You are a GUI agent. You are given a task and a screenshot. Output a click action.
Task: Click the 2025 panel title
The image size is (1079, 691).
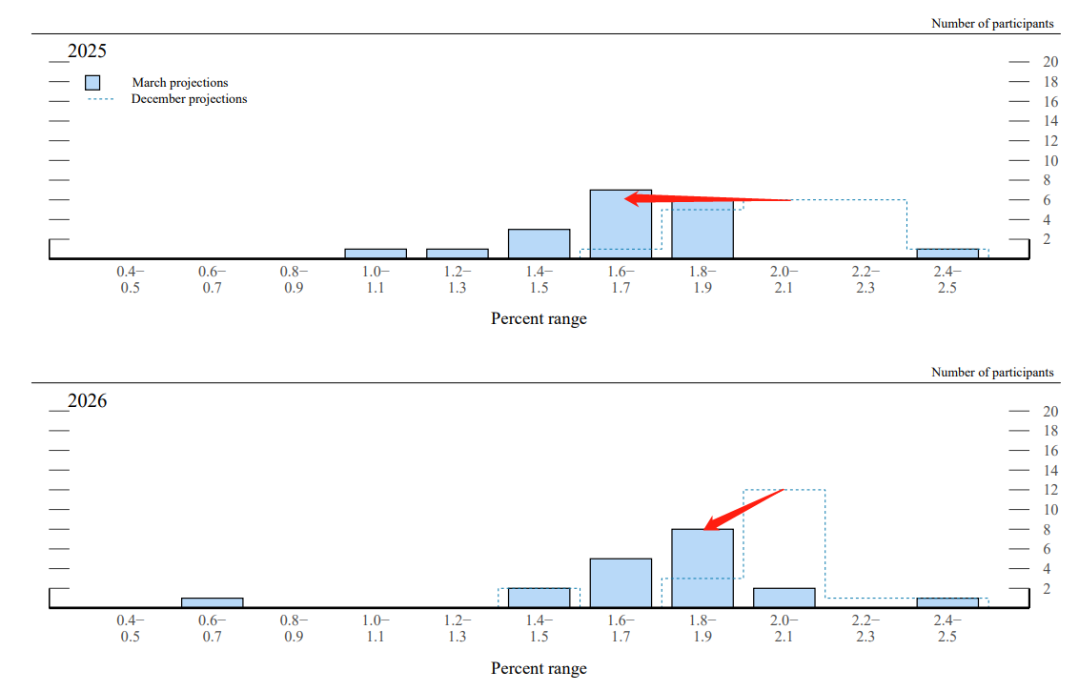tap(87, 51)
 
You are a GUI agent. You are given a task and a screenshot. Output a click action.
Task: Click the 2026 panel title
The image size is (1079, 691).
tap(87, 400)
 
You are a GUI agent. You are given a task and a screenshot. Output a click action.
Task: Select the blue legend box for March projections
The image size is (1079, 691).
tap(92, 83)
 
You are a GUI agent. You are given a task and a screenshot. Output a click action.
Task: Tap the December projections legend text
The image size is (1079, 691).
tap(189, 99)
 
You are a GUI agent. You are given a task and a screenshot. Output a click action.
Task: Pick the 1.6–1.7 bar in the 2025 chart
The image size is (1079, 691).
tap(621, 225)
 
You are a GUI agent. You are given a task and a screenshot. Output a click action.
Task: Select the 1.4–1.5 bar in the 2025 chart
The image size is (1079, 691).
tap(539, 244)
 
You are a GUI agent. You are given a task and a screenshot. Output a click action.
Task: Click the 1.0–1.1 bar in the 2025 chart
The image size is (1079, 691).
tap(376, 254)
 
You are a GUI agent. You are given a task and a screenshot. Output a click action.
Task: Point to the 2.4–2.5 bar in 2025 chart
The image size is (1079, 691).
tap(947, 254)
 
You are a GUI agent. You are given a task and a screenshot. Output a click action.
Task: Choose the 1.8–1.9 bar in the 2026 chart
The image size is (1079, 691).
tap(702, 568)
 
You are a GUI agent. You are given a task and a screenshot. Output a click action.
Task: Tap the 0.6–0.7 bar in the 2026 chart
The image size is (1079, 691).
tap(212, 602)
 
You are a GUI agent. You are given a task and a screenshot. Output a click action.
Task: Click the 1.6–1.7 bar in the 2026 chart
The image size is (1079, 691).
tap(621, 582)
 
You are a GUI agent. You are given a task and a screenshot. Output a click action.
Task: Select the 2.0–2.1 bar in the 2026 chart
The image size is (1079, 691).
tap(784, 598)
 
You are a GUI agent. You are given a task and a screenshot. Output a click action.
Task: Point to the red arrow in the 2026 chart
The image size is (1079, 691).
tap(743, 509)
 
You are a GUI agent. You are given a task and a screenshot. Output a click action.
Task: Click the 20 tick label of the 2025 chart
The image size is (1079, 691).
tap(1050, 62)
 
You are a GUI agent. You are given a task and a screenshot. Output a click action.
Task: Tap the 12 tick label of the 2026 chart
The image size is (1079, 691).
tap(1050, 490)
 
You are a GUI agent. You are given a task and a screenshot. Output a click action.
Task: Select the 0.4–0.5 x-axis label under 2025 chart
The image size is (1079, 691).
tap(131, 280)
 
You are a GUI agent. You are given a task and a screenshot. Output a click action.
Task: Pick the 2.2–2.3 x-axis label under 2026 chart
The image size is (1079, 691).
tap(865, 629)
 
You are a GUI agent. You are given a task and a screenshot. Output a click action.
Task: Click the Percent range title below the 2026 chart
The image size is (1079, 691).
tap(539, 668)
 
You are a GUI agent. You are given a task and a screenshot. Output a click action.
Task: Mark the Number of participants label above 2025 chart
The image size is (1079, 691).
tap(992, 23)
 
